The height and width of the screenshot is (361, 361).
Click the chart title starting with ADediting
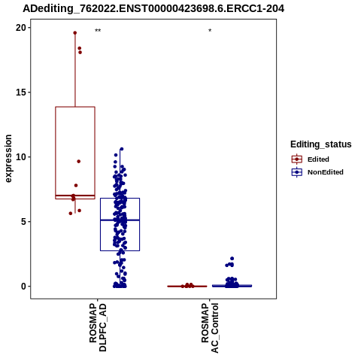(153, 8)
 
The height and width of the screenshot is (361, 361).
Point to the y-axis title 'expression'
(8, 159)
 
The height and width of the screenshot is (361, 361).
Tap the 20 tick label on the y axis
(21, 28)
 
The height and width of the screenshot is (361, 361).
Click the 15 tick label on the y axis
(21, 93)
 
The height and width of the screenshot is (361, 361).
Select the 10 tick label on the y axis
(21, 157)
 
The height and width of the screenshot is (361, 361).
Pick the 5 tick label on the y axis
(24, 222)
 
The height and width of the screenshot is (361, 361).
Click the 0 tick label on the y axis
(24, 287)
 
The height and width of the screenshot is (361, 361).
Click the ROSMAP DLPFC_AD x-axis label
(98, 327)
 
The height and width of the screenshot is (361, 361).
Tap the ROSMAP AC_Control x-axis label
(210, 328)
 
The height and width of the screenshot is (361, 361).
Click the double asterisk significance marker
(98, 31)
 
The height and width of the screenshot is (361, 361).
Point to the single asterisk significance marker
(210, 31)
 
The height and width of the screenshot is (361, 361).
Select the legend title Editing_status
(321, 144)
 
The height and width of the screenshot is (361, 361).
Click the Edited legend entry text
(318, 159)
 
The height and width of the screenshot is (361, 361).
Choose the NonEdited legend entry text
(326, 172)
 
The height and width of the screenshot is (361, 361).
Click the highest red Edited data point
(75, 33)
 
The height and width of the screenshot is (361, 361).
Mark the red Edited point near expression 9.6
(79, 162)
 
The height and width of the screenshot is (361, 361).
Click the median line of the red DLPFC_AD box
(75, 196)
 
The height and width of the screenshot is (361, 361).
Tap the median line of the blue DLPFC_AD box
(120, 220)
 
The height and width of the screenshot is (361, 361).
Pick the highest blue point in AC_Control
(232, 259)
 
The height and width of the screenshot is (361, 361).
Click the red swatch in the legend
(297, 159)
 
